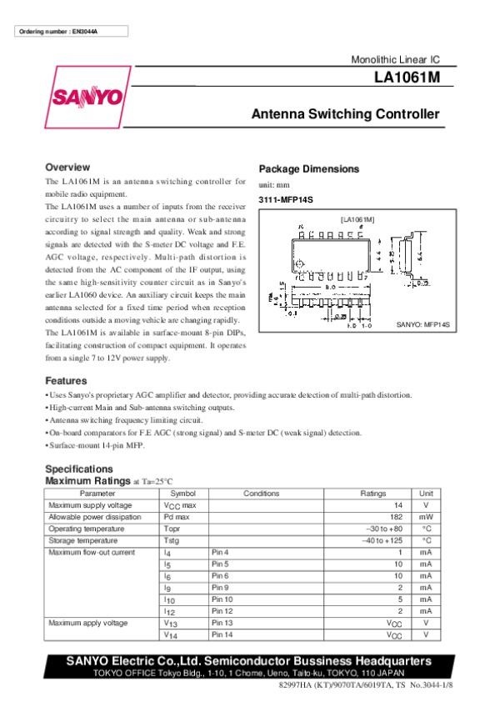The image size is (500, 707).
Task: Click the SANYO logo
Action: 87,97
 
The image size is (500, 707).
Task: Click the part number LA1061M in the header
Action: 407,78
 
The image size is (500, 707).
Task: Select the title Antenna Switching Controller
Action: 345,114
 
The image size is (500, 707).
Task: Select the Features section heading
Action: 66,380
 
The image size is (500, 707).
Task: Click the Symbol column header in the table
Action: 182,494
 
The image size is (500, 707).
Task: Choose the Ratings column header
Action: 372,494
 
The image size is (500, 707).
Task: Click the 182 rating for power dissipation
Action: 397,517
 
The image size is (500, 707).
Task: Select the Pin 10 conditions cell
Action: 222,599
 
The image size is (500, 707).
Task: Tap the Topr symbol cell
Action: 172,529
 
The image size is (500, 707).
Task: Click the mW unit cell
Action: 426,517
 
